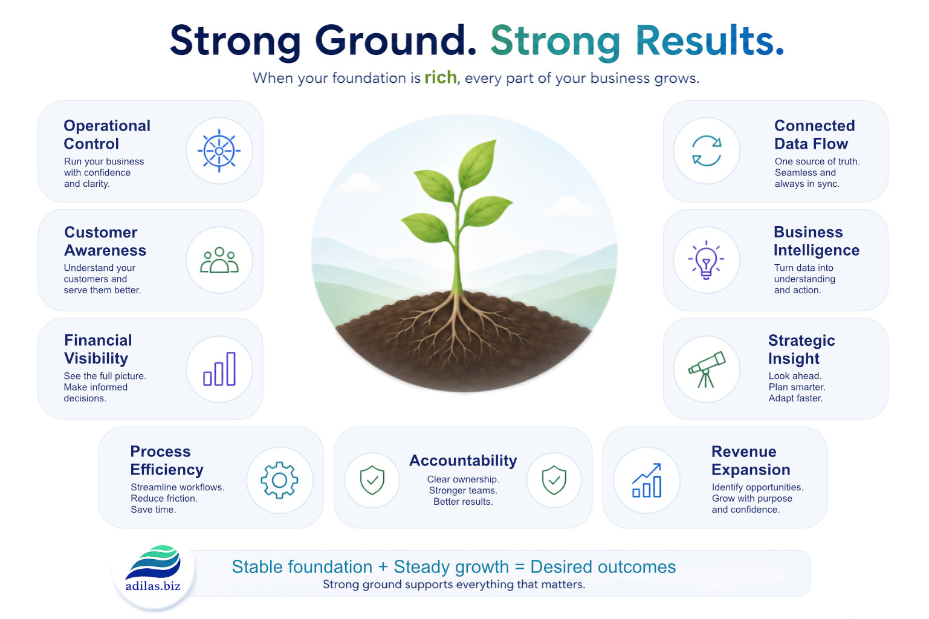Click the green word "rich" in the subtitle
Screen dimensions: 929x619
click(x=441, y=77)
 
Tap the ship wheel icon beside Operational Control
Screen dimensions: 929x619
click(x=219, y=151)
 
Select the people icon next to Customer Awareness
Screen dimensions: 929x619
click(x=219, y=260)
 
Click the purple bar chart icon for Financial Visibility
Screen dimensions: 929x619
click(x=219, y=369)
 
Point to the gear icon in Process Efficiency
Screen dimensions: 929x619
click(x=279, y=480)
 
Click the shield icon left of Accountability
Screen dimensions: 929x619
click(x=372, y=480)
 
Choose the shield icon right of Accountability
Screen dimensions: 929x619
click(x=554, y=480)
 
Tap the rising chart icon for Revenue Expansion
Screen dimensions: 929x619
click(x=647, y=481)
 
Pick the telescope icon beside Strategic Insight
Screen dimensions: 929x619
click(x=707, y=369)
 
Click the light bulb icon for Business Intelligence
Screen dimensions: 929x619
click(x=707, y=260)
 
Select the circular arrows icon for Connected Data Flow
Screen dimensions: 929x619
click(x=707, y=151)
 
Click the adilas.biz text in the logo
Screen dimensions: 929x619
click(x=153, y=586)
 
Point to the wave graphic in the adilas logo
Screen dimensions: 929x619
click(x=154, y=562)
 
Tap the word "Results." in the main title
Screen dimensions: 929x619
click(x=710, y=41)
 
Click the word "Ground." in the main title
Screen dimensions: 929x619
click(x=396, y=41)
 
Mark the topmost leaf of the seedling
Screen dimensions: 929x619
click(x=477, y=163)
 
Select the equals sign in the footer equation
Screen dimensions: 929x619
click(x=520, y=567)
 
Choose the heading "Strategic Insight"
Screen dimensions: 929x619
click(x=801, y=349)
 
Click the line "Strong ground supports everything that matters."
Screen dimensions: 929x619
click(x=454, y=585)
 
